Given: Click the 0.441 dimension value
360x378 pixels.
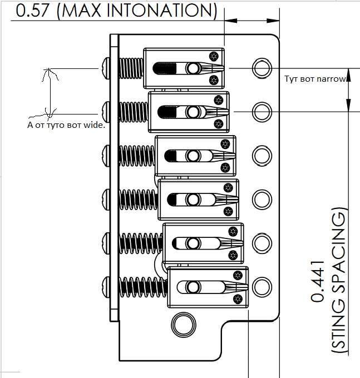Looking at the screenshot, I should (x=318, y=281).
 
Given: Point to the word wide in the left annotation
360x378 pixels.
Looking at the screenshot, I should (x=93, y=125).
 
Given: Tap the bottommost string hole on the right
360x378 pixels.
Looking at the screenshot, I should (x=260, y=287).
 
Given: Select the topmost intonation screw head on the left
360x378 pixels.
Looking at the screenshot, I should (x=106, y=68).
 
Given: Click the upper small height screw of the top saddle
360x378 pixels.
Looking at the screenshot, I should (x=214, y=56).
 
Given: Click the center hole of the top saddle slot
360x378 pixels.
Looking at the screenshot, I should (x=193, y=68).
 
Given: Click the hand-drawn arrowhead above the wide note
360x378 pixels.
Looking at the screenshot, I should (x=50, y=72).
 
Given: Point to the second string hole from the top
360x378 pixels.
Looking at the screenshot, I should (x=260, y=111).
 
